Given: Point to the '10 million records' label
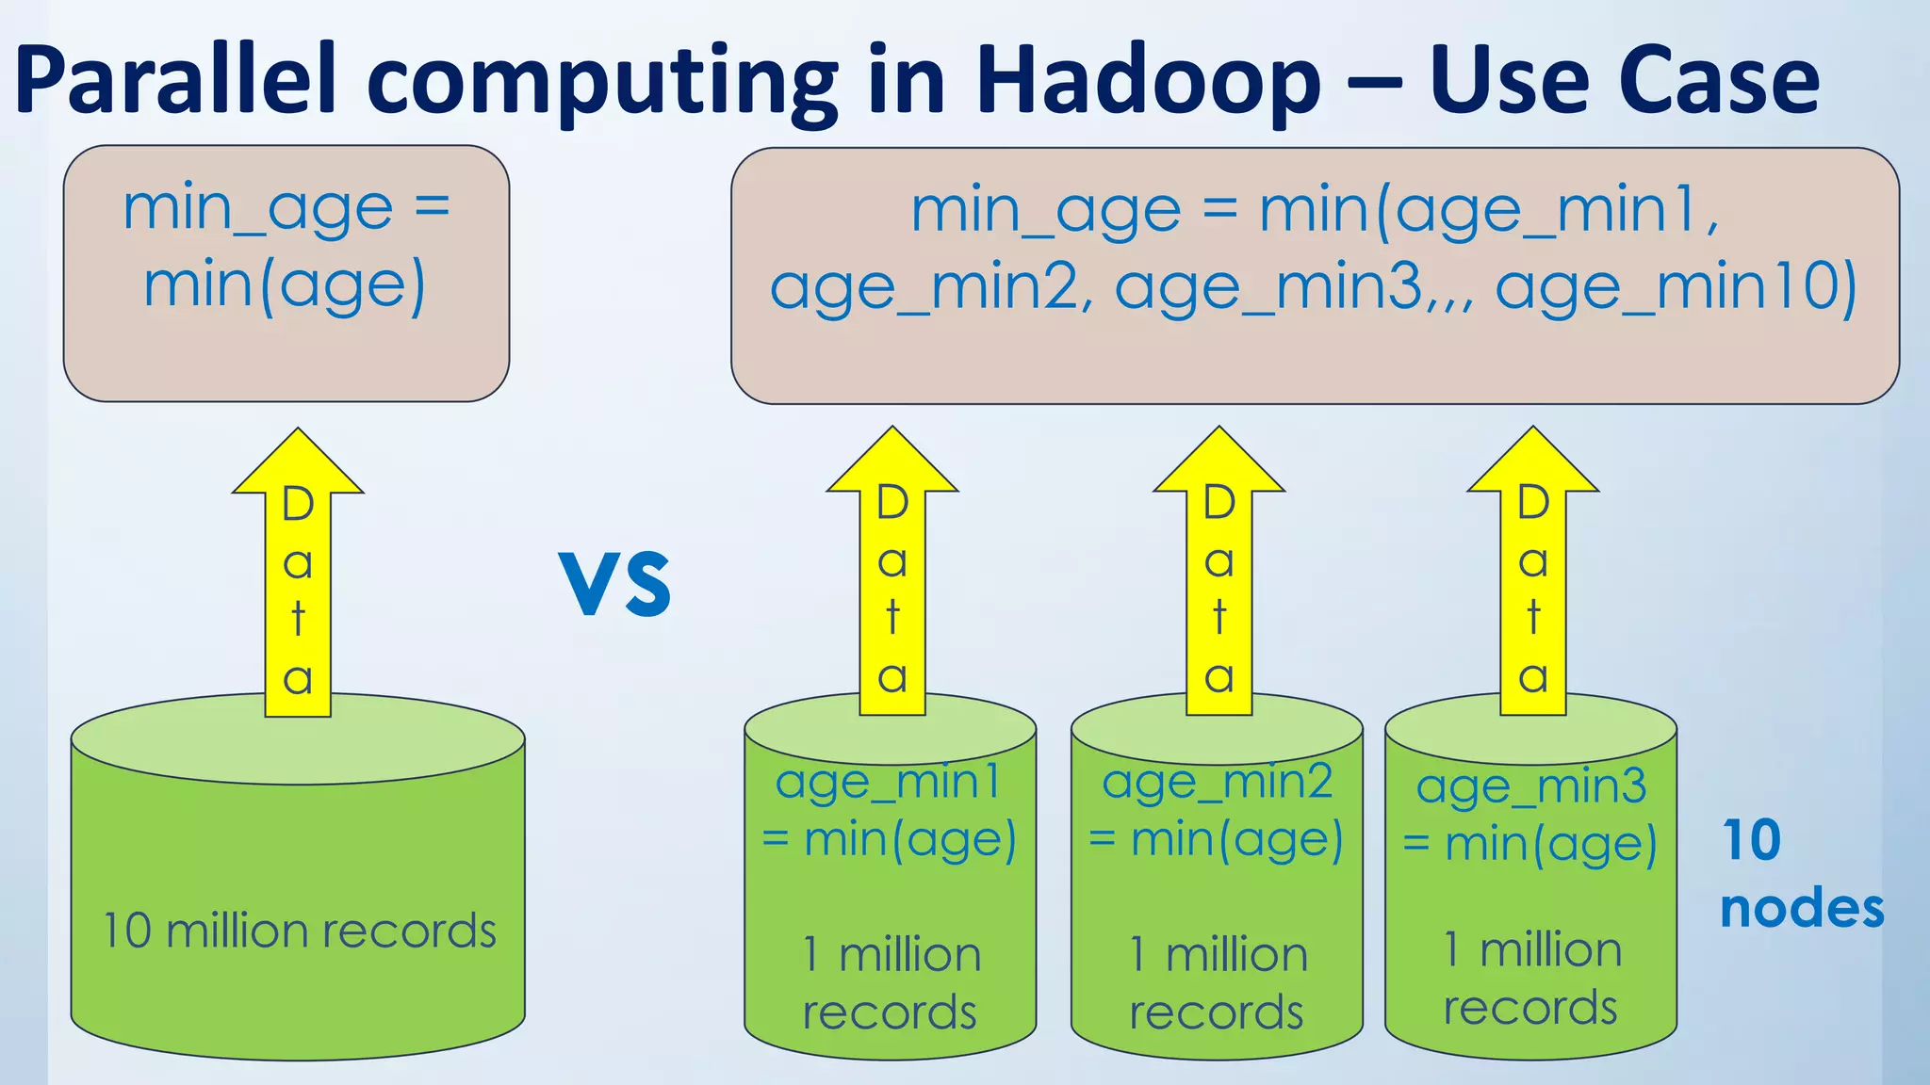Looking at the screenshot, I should click(x=299, y=931).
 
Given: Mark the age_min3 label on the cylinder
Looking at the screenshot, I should click(x=1531, y=787).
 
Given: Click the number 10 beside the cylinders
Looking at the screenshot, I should click(x=1751, y=840).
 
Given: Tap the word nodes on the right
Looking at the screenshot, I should click(x=1802, y=908).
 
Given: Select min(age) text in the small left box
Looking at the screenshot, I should click(x=285, y=285).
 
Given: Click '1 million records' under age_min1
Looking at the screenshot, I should click(x=891, y=983).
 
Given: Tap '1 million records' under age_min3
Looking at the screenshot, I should click(x=1531, y=979).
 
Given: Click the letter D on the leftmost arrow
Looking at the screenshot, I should click(x=298, y=505).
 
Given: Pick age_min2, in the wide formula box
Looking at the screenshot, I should click(x=933, y=288).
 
